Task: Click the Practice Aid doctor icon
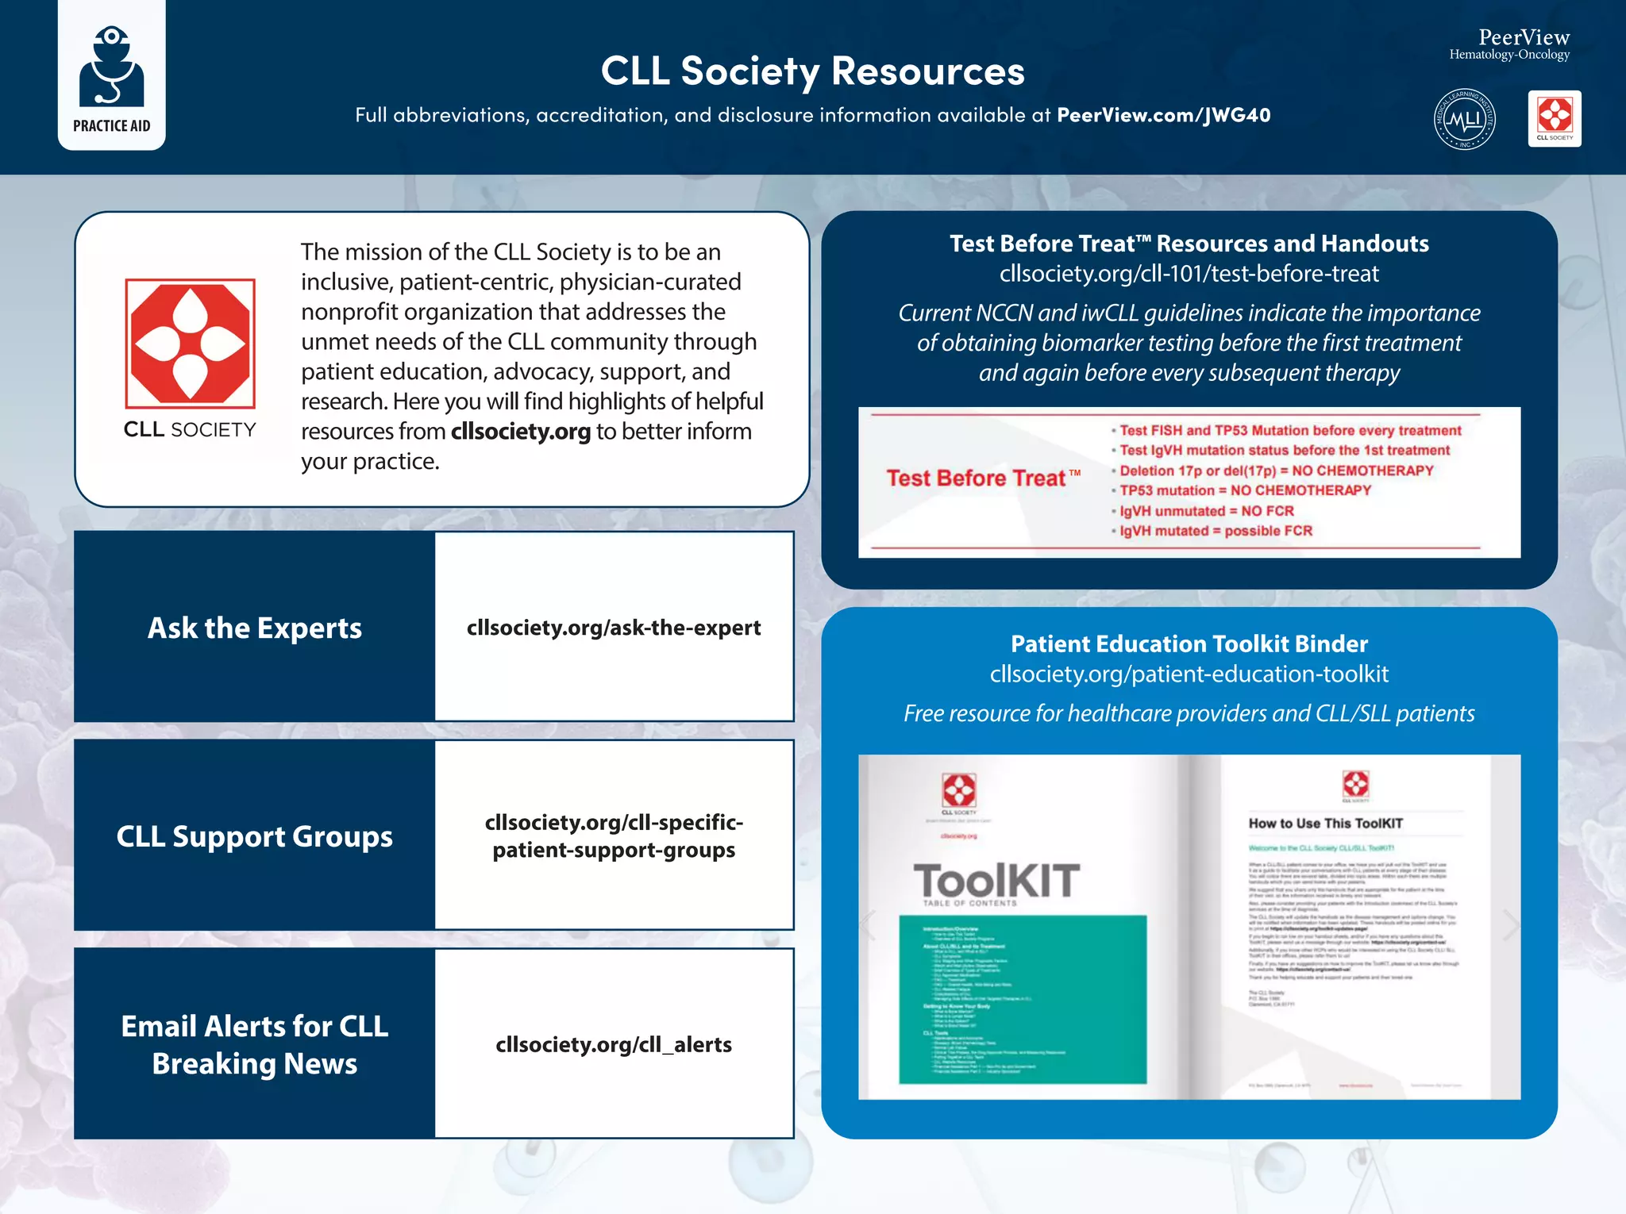pos(111,67)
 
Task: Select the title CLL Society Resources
pos(812,71)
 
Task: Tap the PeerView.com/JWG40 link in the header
pos(1163,115)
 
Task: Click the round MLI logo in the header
pos(1464,119)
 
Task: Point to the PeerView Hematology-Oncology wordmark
pos(1509,44)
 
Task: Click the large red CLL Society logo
pos(190,344)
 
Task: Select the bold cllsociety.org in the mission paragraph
pos(520,432)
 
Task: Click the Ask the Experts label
pos(254,628)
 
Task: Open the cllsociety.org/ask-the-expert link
pos(613,628)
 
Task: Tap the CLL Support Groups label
pos(254,836)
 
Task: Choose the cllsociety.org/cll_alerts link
pos(613,1044)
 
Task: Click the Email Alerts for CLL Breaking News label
pos(254,1044)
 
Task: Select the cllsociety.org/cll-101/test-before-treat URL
pos(1189,274)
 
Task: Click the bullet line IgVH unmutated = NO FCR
pos(1206,511)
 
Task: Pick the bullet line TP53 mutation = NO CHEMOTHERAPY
pos(1244,490)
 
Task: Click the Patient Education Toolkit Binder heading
pos(1189,643)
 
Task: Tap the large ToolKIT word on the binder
pos(996,880)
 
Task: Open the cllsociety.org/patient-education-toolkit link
pos(1189,674)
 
